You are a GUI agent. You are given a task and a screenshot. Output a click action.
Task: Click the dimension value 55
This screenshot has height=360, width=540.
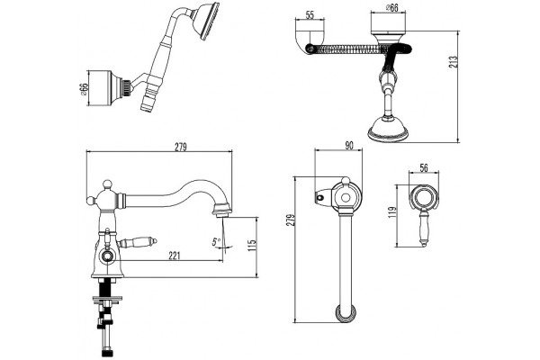click(x=310, y=15)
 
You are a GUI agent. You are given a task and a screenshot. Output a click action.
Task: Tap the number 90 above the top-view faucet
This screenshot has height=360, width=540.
click(x=349, y=146)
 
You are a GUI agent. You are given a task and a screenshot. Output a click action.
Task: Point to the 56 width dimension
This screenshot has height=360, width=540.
click(x=424, y=167)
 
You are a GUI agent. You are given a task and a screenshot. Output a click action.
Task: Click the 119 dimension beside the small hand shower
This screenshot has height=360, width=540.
click(x=392, y=212)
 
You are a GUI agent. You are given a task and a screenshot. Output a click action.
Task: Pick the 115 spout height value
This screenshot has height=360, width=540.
click(x=252, y=245)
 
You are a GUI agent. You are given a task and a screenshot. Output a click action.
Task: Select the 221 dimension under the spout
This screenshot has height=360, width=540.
click(x=175, y=256)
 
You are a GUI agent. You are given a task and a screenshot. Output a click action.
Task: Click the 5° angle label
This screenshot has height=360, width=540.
click(x=216, y=242)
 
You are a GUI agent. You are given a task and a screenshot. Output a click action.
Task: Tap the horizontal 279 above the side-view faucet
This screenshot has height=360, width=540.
click(x=181, y=147)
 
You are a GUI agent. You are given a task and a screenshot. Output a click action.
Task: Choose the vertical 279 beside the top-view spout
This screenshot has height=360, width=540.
click(x=291, y=220)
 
